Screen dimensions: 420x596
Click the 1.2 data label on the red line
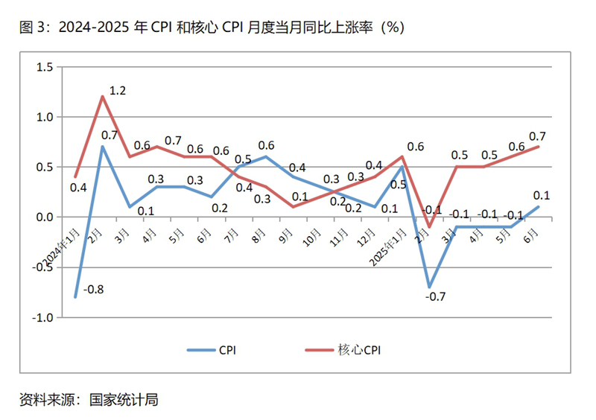[x=118, y=91]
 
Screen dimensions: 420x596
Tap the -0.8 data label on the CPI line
[x=93, y=288]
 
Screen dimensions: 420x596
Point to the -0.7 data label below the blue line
[x=435, y=297]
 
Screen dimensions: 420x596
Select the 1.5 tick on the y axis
[x=45, y=67]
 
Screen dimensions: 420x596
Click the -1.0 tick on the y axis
[x=43, y=317]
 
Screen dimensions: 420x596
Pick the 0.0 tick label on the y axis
[x=45, y=217]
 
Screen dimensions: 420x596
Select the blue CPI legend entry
[x=216, y=349]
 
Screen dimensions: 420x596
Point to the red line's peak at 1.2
[x=103, y=96]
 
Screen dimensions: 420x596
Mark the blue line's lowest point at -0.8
[x=75, y=297]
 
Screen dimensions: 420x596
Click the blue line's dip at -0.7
[x=429, y=287]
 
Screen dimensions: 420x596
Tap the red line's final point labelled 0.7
[x=538, y=147]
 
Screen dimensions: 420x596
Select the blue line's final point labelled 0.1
[x=538, y=207]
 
